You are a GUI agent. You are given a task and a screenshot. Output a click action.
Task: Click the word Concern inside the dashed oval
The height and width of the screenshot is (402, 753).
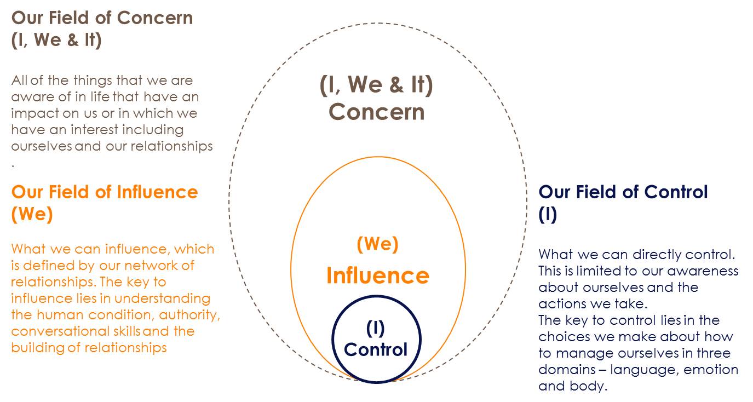tap(377, 112)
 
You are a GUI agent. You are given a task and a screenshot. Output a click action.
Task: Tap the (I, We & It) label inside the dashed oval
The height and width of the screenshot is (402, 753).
tap(377, 85)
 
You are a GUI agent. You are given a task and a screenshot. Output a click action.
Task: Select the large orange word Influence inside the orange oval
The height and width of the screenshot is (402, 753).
tap(377, 275)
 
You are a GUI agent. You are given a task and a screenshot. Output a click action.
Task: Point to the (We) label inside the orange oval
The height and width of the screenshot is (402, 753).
tap(377, 244)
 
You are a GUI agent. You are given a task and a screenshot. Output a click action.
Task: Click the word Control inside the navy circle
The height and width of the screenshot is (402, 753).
tap(376, 349)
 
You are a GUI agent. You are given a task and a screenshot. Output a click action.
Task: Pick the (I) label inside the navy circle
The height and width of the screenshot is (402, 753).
tap(376, 328)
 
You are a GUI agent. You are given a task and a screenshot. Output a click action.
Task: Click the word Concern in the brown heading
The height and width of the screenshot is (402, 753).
tap(156, 18)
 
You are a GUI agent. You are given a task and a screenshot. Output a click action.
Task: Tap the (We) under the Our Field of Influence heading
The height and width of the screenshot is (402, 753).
tap(32, 214)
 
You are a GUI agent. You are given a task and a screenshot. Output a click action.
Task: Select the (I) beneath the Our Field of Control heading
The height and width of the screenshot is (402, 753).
tap(548, 214)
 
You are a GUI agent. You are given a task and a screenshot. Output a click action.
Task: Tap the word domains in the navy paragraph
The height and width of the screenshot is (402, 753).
tap(566, 370)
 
